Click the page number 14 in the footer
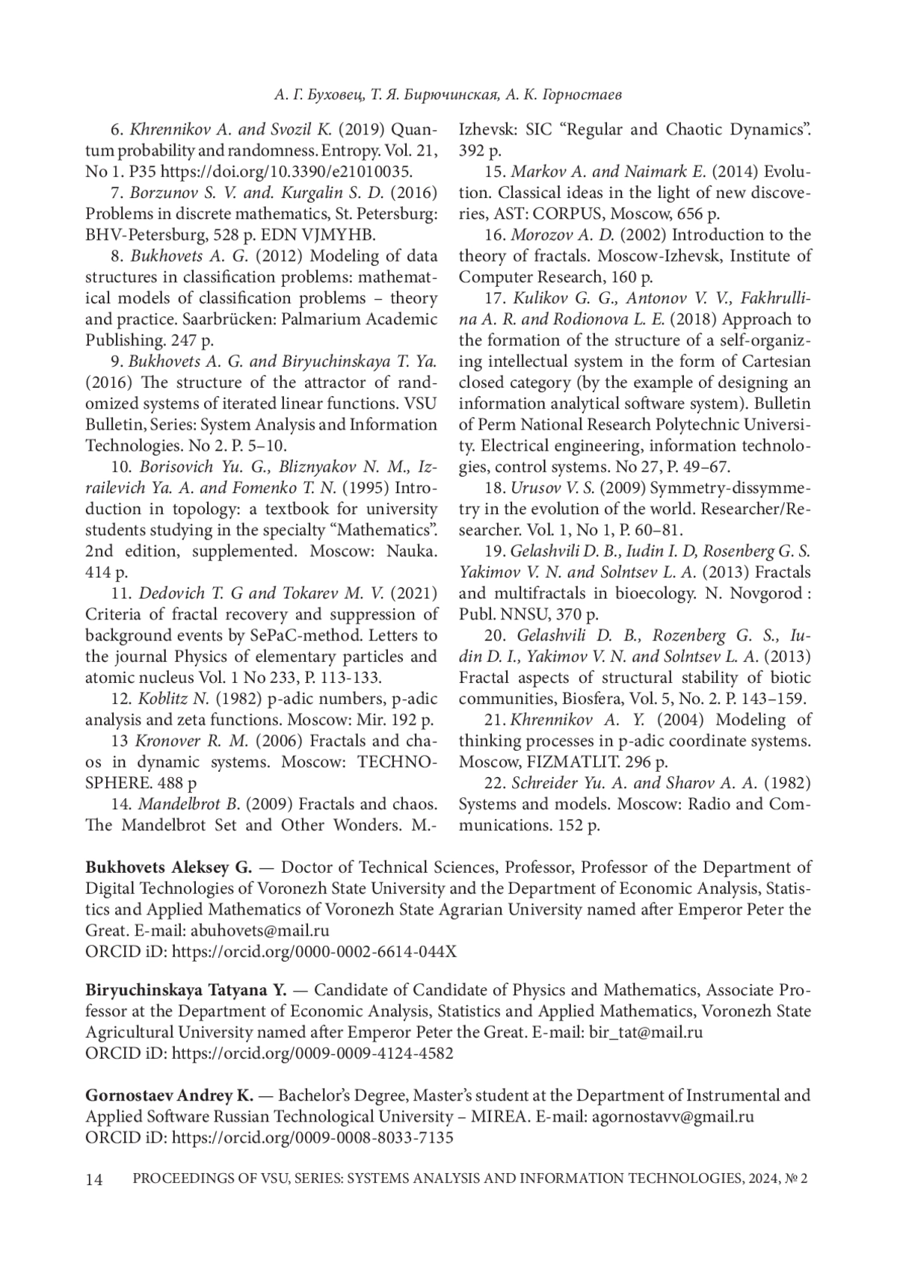pos(93,1180)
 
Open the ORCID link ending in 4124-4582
pos(312,1054)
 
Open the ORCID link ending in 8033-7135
pos(312,1137)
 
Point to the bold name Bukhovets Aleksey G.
pos(169,868)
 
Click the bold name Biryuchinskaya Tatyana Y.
pos(186,991)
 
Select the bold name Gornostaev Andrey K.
pos(170,1095)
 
